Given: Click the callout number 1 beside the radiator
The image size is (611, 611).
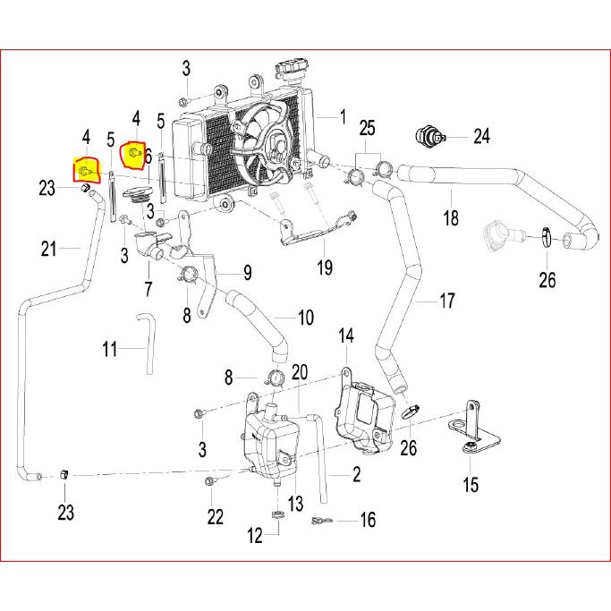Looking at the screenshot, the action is point(343,116).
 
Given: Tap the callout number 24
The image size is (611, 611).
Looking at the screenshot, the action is point(481,136).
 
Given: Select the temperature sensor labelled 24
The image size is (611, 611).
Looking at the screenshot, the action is point(429,136).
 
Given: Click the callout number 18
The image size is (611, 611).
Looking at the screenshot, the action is point(451,218).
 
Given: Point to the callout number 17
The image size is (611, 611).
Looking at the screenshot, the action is point(447,301).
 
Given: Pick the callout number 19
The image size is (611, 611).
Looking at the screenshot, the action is point(325,267).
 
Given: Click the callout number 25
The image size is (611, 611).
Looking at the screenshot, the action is point(367,128).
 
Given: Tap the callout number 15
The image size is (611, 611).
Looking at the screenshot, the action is point(471,484).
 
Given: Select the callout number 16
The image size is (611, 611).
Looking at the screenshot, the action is point(368,520).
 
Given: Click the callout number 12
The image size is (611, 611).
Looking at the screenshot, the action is point(255,536).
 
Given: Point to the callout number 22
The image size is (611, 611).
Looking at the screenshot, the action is point(215,517).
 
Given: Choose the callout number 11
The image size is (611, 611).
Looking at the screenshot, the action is point(109,349).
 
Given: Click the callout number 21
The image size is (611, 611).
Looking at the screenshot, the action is point(48,249).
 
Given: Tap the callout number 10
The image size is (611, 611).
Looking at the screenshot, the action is point(306,318).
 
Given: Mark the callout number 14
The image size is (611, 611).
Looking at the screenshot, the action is point(346,335).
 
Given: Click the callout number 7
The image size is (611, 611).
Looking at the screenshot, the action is point(149,289).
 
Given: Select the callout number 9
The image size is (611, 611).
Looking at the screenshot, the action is point(248,272).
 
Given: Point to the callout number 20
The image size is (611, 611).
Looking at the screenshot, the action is point(300,372).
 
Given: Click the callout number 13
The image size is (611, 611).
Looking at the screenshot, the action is point(295,503).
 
